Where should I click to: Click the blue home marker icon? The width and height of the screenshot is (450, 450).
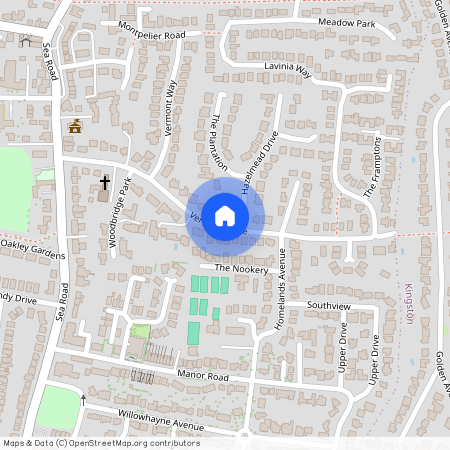225,215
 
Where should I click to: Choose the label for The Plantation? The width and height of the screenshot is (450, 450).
219,141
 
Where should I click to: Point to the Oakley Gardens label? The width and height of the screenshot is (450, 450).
31,243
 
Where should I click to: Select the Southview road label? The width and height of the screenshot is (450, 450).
329,304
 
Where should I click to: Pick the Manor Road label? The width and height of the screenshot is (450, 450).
203,375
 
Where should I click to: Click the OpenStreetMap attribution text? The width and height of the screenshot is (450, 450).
101,443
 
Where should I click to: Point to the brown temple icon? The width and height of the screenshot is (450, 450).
74,126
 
